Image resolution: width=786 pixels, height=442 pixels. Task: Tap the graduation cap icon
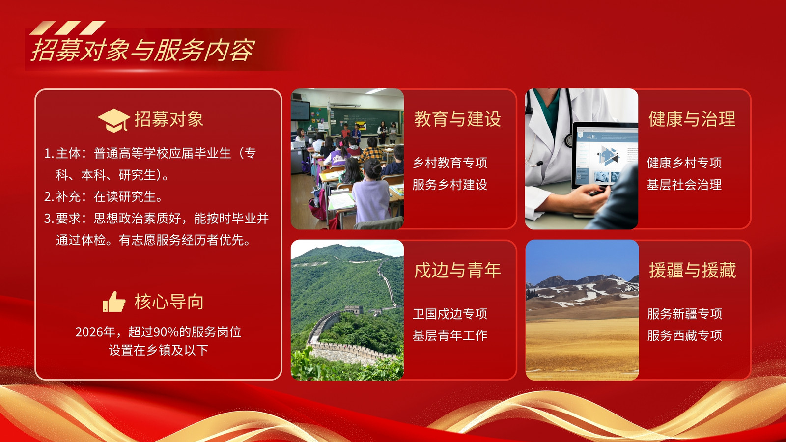[113, 120]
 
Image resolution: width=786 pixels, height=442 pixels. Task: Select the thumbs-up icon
[113, 302]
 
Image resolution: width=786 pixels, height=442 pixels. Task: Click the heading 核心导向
[169, 302]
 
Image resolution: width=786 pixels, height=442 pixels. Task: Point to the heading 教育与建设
[457, 119]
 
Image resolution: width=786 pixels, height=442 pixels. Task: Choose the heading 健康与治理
[692, 119]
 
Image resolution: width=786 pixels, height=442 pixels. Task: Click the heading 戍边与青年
[457, 270]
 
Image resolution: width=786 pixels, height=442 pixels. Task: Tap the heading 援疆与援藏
[692, 270]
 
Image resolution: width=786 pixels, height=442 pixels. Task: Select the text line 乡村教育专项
[450, 163]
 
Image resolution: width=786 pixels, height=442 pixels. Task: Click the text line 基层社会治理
[684, 185]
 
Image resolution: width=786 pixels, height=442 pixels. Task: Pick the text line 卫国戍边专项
[450, 314]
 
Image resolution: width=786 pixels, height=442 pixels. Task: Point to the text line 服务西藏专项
[685, 336]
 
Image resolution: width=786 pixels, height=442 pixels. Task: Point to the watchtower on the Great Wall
[353, 310]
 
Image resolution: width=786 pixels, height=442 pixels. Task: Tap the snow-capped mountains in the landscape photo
[582, 289]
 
